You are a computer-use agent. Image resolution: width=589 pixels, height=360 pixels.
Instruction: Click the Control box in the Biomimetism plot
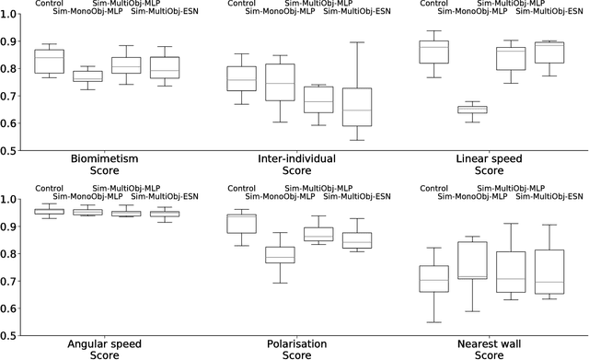(x=49, y=61)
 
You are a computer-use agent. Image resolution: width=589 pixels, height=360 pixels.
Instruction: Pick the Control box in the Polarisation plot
(x=241, y=223)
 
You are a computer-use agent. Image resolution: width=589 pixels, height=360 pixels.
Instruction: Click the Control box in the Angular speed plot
(x=49, y=212)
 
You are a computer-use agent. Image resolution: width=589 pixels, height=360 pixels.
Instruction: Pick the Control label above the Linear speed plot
(x=438, y=3)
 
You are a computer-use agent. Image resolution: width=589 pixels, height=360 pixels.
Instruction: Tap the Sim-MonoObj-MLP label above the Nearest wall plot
(x=473, y=196)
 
